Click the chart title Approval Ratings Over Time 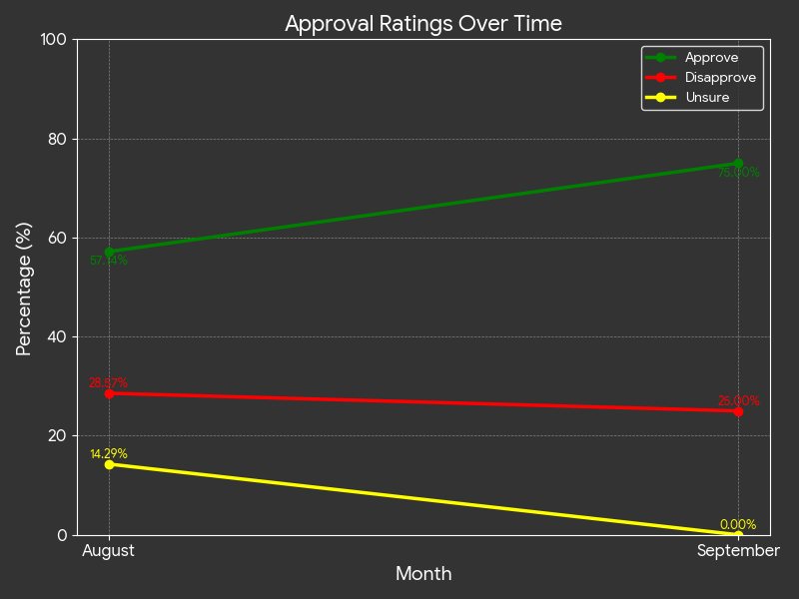pos(423,24)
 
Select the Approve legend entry pos(711,58)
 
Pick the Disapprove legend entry pos(719,78)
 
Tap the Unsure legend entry pos(706,98)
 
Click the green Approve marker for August pos(109,252)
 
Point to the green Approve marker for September pos(738,164)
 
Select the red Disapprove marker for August pos(109,393)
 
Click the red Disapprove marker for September pos(738,411)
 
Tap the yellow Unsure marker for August pos(109,464)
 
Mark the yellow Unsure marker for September pos(738,535)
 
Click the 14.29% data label pos(109,454)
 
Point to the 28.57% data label pos(108,383)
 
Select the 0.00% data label pos(738,525)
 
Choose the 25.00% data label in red pos(738,401)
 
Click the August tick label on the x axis pos(108,551)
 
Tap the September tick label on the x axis pos(738,551)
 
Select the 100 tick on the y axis pos(52,40)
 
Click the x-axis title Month pos(423,574)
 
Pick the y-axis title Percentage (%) pos(25,288)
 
